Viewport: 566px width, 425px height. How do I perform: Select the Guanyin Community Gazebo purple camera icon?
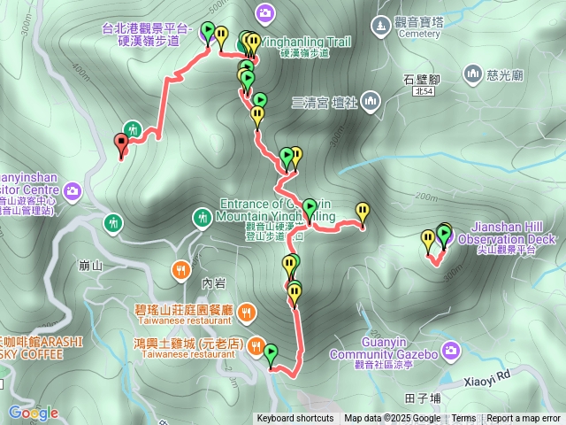451,352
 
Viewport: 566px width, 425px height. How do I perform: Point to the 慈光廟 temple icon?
471,73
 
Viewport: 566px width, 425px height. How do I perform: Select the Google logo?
34,413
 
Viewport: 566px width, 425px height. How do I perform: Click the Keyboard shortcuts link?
295,419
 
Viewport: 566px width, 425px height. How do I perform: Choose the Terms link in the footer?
463,419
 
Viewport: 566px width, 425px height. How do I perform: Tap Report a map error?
524,419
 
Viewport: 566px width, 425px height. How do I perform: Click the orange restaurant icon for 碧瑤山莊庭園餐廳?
245,311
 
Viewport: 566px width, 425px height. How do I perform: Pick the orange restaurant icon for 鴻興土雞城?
256,344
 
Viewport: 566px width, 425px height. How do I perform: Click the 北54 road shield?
424,91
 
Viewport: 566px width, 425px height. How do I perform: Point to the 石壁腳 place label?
422,79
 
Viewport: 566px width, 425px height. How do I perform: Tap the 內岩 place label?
215,283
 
